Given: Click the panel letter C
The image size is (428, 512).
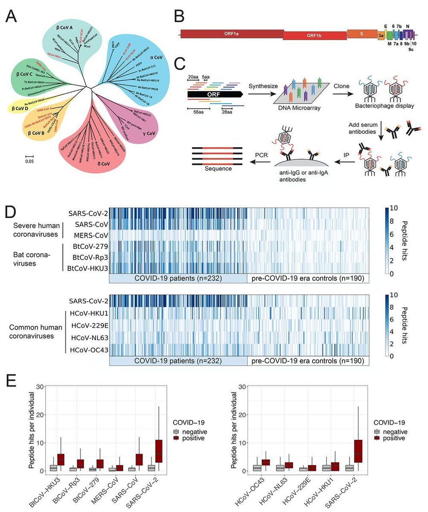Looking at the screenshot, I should pos(180,64).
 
